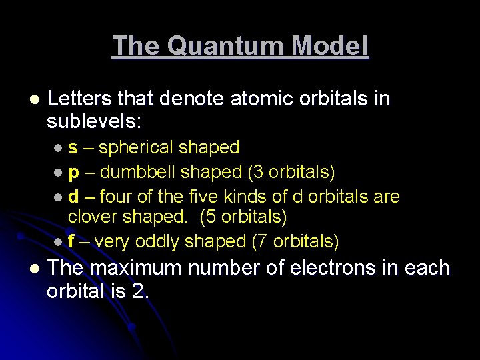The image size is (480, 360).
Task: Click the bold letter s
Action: [72, 147]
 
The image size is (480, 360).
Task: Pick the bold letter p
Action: [73, 173]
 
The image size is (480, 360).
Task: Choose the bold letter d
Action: [73, 197]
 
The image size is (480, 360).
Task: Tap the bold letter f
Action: [71, 241]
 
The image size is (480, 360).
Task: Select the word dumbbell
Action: [138, 172]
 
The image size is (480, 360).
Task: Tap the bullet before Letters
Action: [33, 99]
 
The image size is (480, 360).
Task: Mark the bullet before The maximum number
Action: [33, 269]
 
